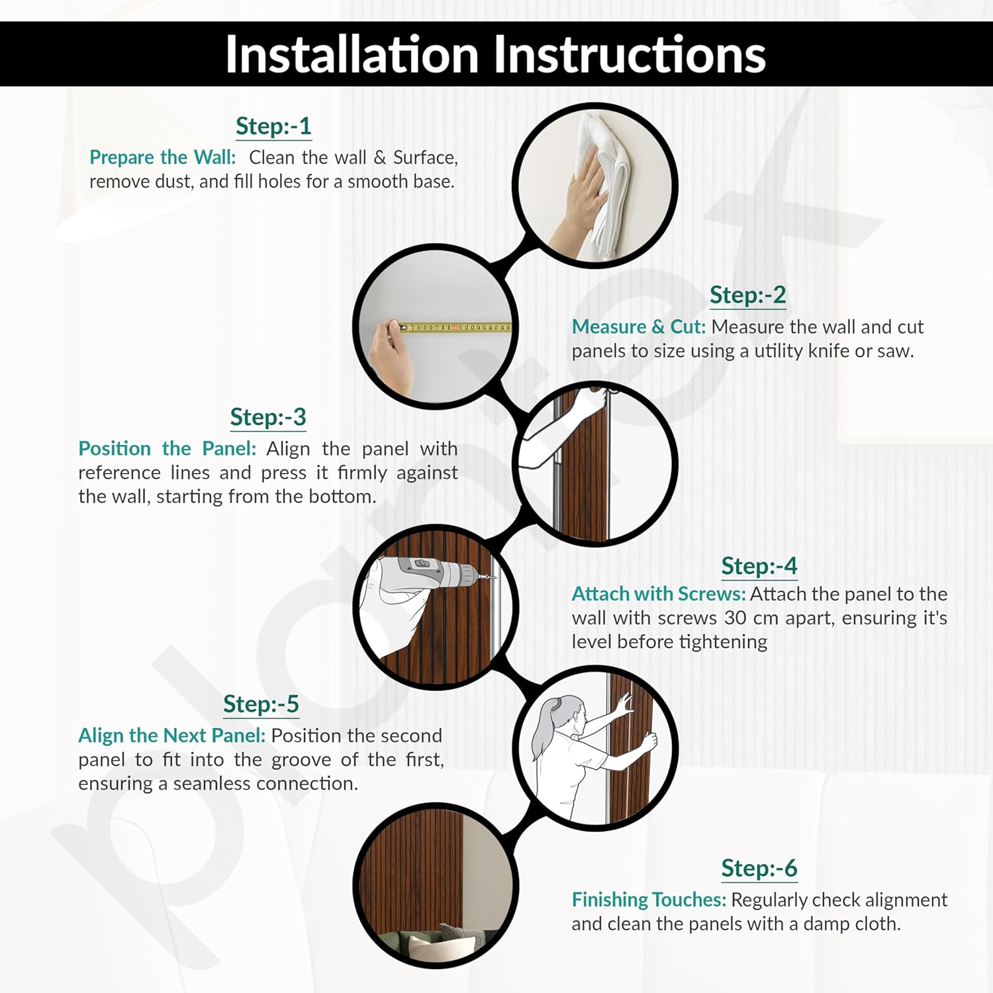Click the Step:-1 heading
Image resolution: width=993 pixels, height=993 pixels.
point(273,126)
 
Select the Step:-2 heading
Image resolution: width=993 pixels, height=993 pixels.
point(748,295)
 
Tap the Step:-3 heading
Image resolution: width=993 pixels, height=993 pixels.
point(268,417)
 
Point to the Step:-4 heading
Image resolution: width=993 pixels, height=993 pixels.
point(759,566)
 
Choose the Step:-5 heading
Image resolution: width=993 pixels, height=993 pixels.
point(261,704)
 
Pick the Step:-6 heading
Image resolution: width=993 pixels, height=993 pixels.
point(759,868)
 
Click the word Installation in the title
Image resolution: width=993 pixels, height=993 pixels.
point(352,54)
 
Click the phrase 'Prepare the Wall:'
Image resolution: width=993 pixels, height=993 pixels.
point(163,158)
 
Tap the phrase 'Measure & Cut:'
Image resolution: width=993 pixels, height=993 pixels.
point(639,327)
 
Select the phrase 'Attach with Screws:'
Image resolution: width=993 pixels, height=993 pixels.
point(659,594)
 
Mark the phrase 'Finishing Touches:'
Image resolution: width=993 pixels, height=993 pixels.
point(649,900)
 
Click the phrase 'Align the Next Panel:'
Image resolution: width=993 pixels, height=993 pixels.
point(172,735)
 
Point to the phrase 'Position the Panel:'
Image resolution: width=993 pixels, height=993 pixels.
point(167,449)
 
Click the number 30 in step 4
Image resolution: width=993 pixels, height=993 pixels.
point(735,618)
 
